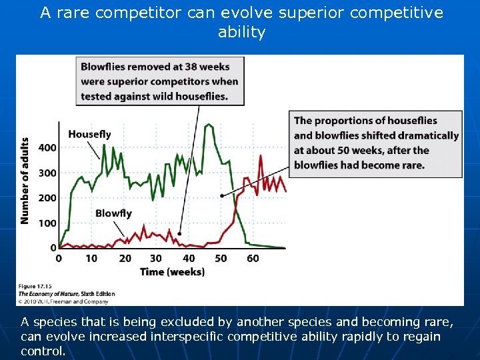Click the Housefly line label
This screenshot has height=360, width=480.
(89, 134)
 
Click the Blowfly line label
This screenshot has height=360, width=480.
(113, 213)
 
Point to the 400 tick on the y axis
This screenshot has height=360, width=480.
(48, 147)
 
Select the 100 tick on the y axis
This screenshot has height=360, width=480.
(48, 223)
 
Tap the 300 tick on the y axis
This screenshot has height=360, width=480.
(48, 173)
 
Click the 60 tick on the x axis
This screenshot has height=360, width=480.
(253, 259)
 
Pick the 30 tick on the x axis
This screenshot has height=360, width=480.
(156, 259)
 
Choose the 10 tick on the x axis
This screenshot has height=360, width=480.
(91, 259)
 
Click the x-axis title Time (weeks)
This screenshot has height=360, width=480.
(172, 271)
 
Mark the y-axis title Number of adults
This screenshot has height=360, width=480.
(25, 181)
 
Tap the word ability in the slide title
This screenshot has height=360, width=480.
(241, 32)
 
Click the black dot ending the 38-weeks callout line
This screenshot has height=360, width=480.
(180, 234)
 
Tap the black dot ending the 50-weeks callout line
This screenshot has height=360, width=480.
(221, 196)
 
